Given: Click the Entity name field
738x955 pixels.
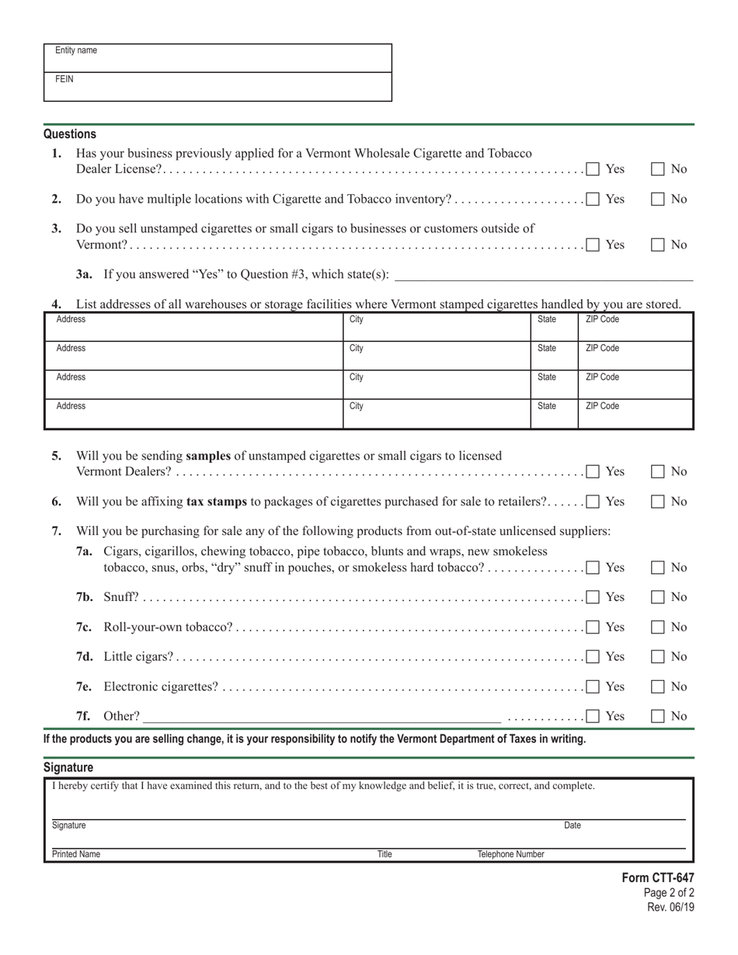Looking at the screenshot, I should pos(218,58).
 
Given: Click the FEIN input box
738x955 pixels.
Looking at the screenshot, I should pos(218,87).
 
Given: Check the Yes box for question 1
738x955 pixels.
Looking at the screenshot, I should pos(594,168).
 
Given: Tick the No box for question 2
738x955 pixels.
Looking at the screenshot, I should pos(658,199).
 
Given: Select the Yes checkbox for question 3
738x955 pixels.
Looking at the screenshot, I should pos(594,245).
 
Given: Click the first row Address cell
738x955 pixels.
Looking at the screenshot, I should pos(193,327).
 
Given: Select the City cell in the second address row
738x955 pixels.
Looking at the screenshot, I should pos(437,356).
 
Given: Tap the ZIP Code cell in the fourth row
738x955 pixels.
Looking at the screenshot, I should pos(635,414).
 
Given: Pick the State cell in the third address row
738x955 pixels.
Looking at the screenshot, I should pos(554,384).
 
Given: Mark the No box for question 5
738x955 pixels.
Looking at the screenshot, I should pos(658,471).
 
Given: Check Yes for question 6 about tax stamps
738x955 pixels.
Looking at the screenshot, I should pos(594,502).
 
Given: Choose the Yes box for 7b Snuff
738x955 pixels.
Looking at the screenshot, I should pos(594,597).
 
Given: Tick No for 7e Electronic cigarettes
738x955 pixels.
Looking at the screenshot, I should pos(658,686).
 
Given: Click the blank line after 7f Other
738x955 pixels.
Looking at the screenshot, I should pos(322,716).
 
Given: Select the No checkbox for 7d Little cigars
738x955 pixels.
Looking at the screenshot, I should pos(658,657).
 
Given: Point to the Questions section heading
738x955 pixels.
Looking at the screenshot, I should pos(70,134).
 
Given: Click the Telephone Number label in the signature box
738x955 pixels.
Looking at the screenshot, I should pos(510,854).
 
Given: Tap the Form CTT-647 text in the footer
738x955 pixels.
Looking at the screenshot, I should pos(657,877).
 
